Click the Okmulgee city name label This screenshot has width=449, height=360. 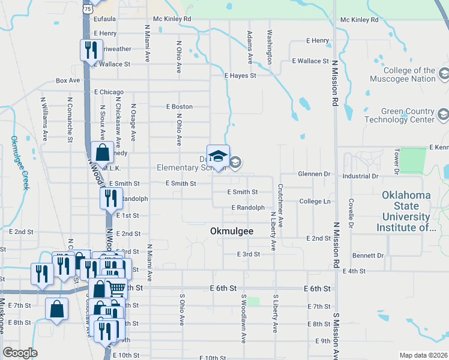(232, 231)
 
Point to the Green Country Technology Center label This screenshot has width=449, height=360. (408, 115)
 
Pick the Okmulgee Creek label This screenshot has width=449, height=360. (19, 163)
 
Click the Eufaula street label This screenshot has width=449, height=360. (105, 19)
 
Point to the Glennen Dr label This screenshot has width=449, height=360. (315, 174)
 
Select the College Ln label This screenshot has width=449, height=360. (315, 201)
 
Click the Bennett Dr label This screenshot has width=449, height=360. (367, 255)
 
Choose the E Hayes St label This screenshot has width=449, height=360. (240, 76)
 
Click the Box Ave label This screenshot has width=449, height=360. (68, 80)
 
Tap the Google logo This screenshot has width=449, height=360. (20, 353)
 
